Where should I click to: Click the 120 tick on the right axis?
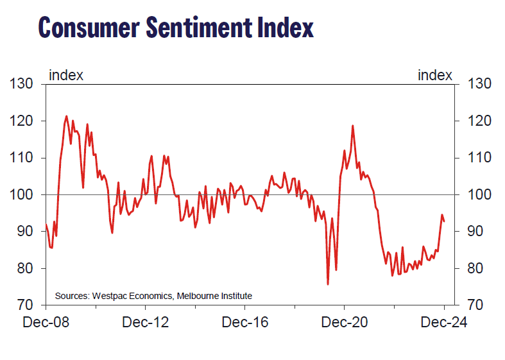[481, 121]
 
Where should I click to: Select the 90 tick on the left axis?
[23, 231]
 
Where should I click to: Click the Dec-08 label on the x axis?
[46, 322]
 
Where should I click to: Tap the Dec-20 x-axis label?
[345, 322]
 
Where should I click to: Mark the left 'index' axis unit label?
[66, 76]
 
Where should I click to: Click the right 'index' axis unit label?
[434, 76]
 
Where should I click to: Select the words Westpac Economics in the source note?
[133, 296]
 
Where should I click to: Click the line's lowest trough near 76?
[328, 284]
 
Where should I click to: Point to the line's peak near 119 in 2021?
[353, 126]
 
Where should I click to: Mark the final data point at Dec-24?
[444, 221]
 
